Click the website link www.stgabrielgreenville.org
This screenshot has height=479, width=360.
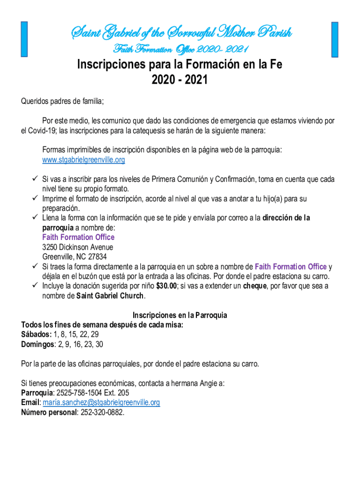pos(84,160)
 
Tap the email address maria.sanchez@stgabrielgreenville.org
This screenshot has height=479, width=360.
pos(101,402)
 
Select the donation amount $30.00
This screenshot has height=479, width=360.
pos(166,286)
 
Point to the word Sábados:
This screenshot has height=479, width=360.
pos(36,334)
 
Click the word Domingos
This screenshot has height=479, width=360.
pos(38,344)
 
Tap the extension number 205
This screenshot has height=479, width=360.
pos(123,393)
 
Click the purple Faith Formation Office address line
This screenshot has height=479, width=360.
pos(78,237)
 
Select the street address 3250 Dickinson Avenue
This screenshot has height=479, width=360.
pos(77,247)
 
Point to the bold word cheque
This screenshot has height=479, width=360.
pos(255,286)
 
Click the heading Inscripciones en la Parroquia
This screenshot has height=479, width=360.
pos(180,315)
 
